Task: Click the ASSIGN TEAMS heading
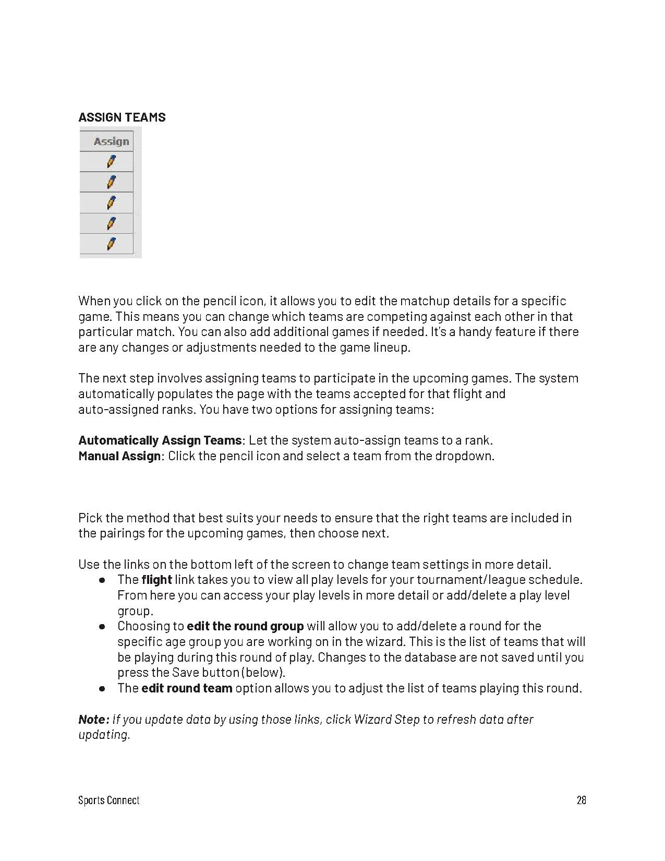[x=122, y=117]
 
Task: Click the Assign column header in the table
[x=111, y=141]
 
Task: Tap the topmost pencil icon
[x=111, y=162]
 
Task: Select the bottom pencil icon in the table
[x=111, y=244]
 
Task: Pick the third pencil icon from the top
[x=111, y=202]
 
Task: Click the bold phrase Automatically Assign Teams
[x=160, y=440]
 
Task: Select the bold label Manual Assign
[x=119, y=456]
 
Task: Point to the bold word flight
[x=156, y=580]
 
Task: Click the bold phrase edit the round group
[x=245, y=626]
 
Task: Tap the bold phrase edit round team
[x=187, y=688]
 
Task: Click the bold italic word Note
[x=93, y=720]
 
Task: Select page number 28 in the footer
[x=581, y=800]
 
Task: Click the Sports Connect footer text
[x=109, y=800]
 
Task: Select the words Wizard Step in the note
[x=386, y=720]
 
